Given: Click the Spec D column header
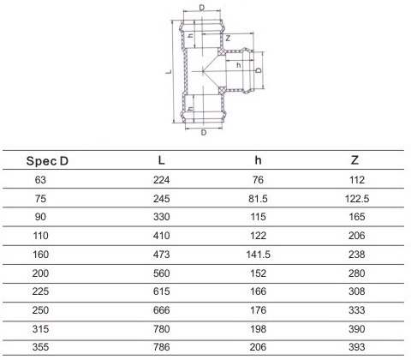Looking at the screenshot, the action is [47, 161].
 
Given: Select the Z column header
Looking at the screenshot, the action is [354, 160].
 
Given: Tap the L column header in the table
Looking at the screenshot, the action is [162, 160].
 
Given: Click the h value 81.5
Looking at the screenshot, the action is [258, 199].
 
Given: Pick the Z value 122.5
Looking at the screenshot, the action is [357, 199].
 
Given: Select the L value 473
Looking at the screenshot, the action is [162, 255].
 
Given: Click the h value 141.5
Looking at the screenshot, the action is [259, 255].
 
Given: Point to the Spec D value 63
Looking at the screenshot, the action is [40, 180].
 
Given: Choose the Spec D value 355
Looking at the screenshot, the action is [40, 347].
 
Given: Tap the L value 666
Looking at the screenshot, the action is [162, 310].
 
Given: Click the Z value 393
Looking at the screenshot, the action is [357, 347].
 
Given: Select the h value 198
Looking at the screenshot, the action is [259, 329].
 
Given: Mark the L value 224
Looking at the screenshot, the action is [162, 180].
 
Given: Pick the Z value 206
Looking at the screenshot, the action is [357, 236].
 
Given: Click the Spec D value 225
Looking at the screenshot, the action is [40, 291].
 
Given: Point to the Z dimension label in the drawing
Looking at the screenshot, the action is [228, 38].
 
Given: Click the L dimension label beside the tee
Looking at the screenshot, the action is [169, 71].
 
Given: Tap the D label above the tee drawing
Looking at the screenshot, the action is [202, 8].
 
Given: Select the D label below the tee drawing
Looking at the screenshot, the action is [204, 133].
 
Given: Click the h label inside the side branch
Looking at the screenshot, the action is [239, 65].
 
